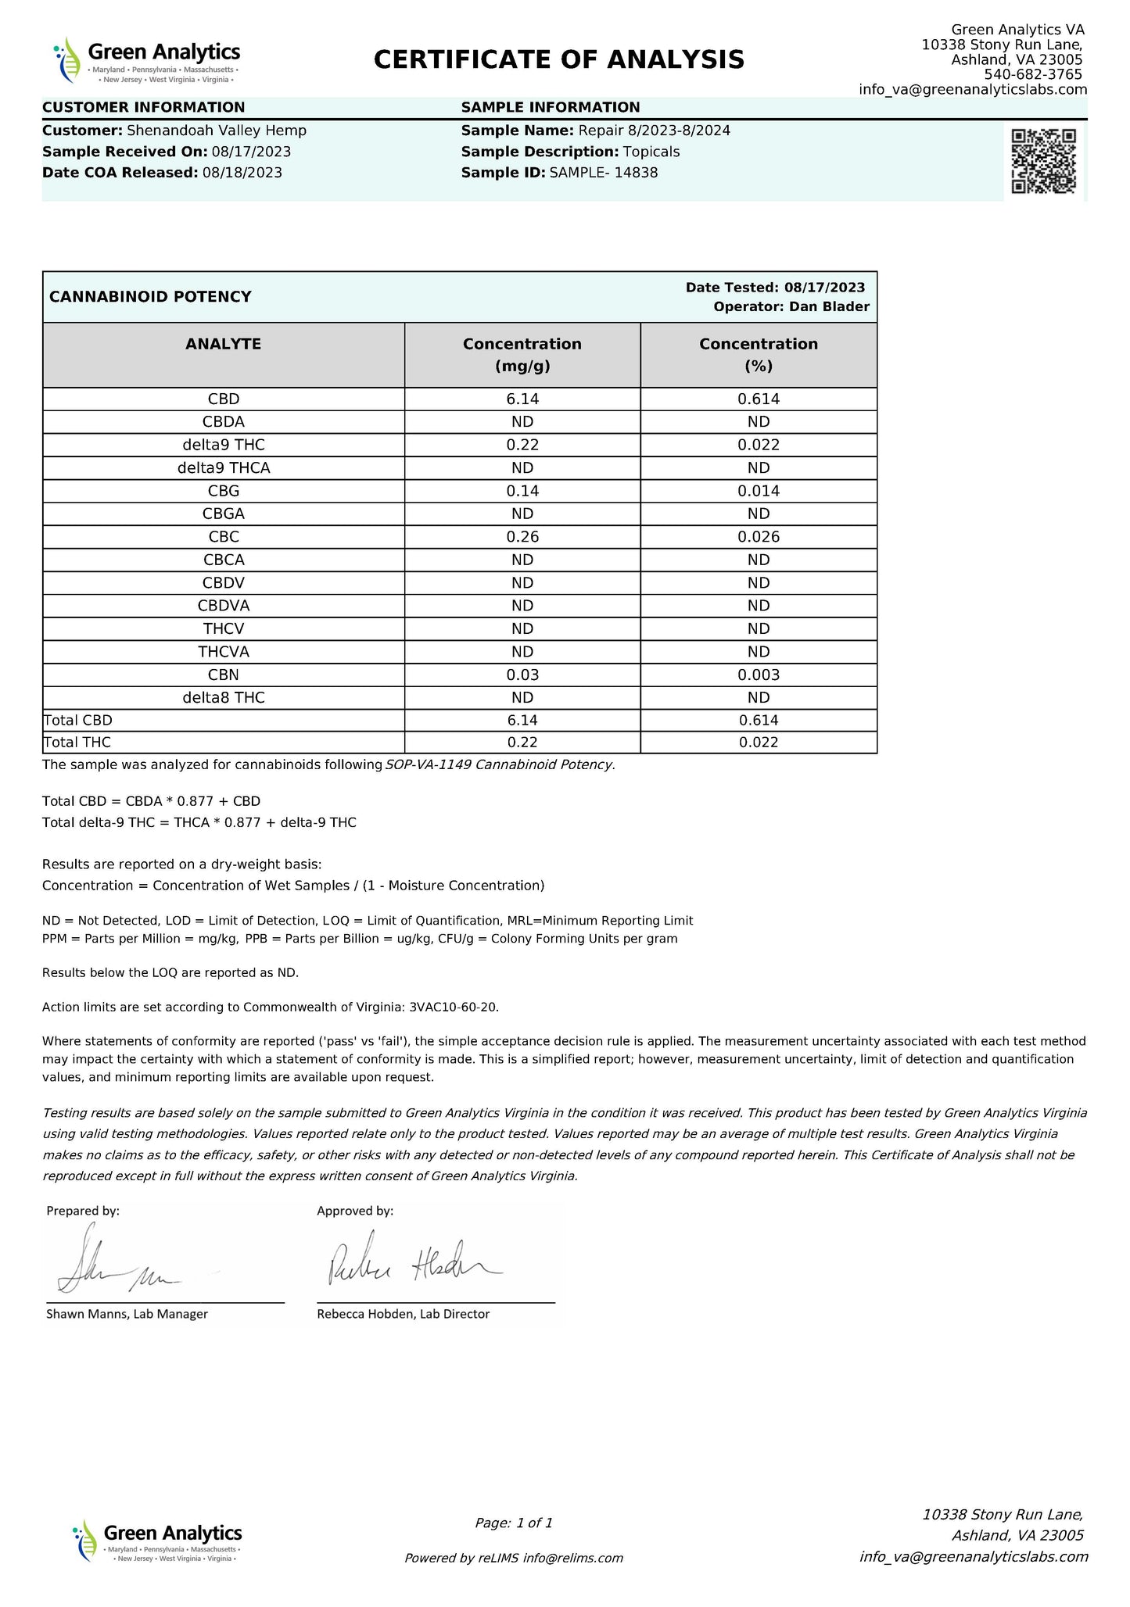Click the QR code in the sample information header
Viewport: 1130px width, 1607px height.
(x=1043, y=160)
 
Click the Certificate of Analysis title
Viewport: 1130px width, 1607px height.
(x=558, y=59)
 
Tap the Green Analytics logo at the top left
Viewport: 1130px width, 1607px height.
(x=147, y=59)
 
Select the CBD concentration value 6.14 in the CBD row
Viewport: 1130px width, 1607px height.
(x=522, y=399)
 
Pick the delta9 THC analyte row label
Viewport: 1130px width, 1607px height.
(x=223, y=445)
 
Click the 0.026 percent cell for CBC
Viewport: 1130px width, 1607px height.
(x=758, y=537)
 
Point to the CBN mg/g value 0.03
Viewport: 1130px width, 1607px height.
(x=522, y=675)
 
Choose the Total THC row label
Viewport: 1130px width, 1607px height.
(x=72, y=743)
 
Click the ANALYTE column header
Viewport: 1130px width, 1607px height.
(x=223, y=344)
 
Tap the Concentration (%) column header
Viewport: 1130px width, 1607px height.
(x=758, y=355)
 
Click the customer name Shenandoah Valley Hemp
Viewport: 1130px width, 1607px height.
(x=216, y=131)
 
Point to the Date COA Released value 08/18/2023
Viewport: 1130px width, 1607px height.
(x=242, y=173)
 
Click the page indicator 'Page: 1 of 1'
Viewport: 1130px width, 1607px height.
(x=513, y=1523)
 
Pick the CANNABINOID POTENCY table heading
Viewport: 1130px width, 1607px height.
(x=150, y=297)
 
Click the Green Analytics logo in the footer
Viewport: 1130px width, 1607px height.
(x=157, y=1541)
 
